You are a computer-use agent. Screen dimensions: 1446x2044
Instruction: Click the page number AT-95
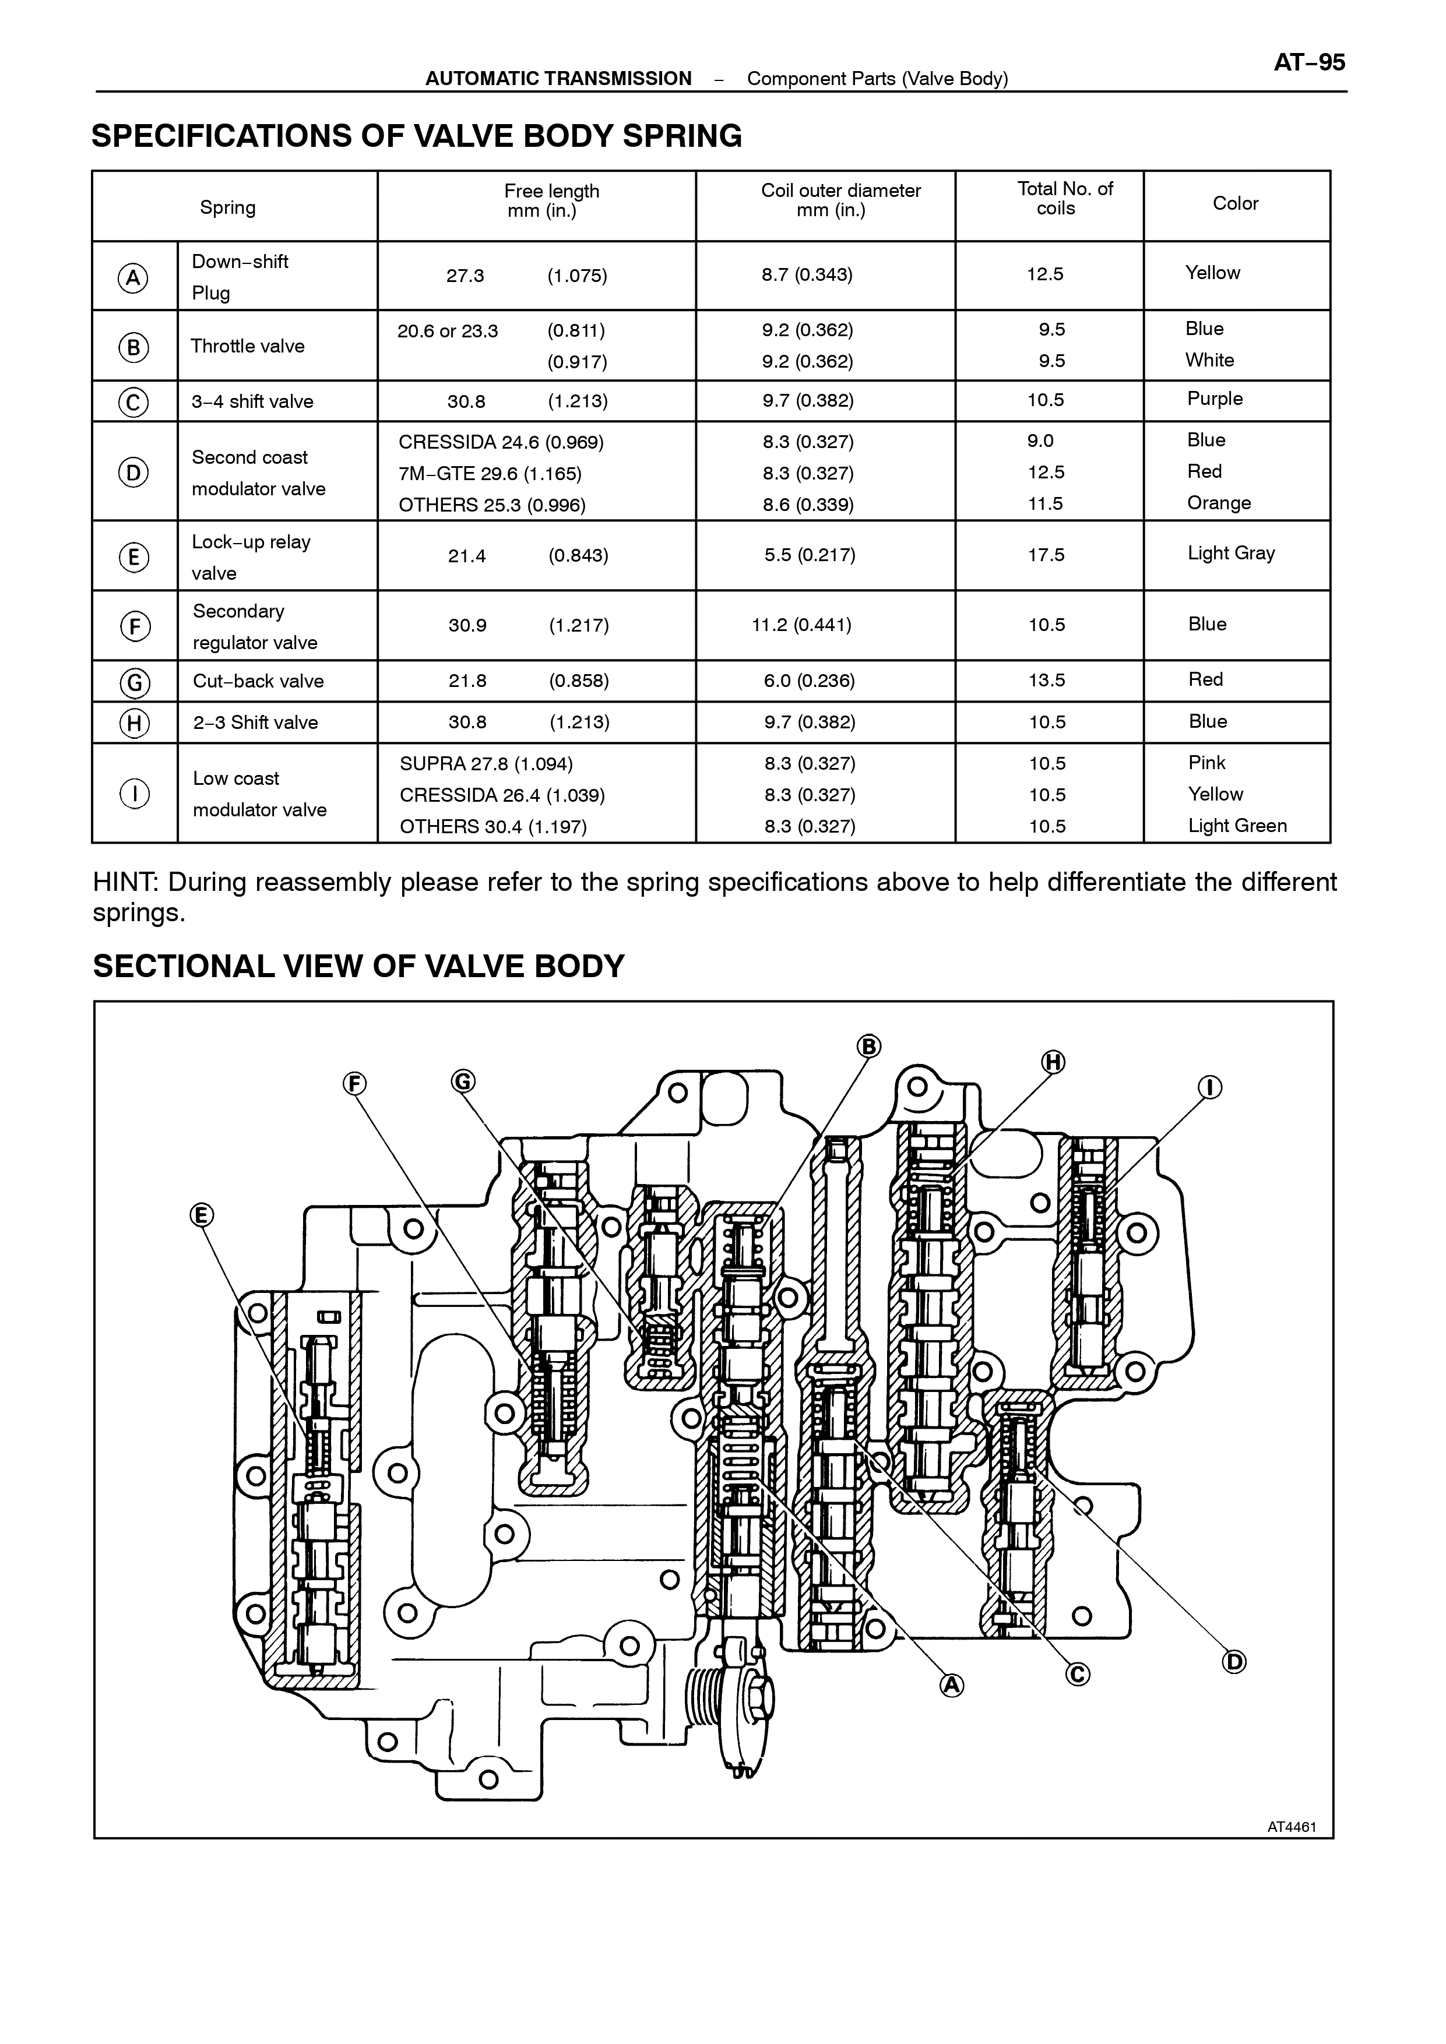[x=1309, y=62]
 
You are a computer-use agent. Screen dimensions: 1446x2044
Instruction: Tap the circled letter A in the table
[x=133, y=278]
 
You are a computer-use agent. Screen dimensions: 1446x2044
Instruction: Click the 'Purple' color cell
[x=1215, y=399]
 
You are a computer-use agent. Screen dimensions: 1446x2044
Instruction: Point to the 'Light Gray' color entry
[x=1230, y=554]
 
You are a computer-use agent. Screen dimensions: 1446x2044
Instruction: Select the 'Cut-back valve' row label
[x=258, y=681]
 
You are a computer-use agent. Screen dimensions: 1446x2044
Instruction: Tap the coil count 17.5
[x=1046, y=555]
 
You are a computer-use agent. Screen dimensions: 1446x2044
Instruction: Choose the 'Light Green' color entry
[x=1237, y=826]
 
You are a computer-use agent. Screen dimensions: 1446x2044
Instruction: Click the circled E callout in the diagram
[x=201, y=1215]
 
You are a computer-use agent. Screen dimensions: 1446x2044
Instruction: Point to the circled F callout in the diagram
[x=354, y=1083]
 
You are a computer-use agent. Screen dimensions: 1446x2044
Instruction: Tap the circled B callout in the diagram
[x=869, y=1046]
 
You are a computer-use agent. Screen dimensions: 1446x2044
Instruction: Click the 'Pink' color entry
[x=1206, y=763]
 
